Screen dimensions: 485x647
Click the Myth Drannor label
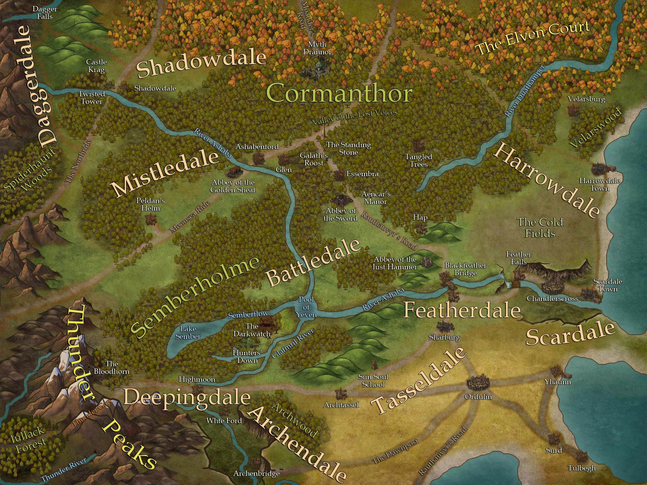pos(317,48)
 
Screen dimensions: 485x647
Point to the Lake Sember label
pos(188,332)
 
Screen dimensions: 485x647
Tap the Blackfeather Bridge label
pos(465,269)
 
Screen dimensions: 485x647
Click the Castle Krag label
pos(96,66)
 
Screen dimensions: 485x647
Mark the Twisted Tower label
pos(92,98)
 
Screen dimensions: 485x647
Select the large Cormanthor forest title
pos(339,93)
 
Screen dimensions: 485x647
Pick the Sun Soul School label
pos(373,380)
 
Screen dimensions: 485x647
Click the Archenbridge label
pos(256,473)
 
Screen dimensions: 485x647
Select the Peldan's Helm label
pos(150,204)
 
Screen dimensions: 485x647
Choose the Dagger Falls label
pos(45,13)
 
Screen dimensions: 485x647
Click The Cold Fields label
pos(540,227)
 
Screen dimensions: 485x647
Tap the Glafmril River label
pos(293,344)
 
